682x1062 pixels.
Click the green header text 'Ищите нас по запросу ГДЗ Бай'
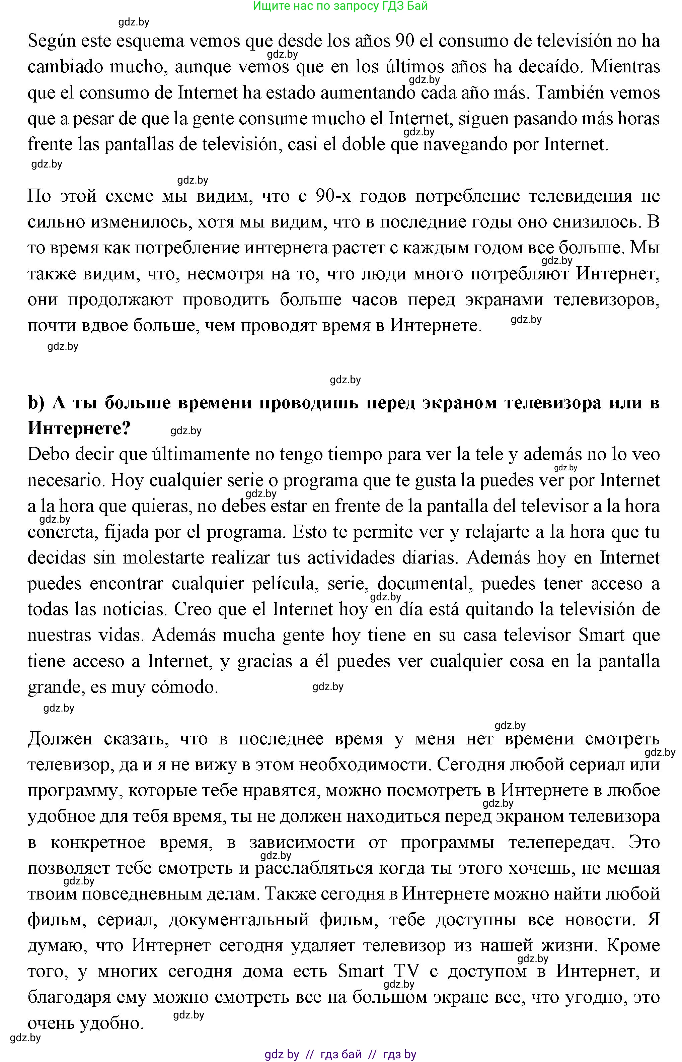point(340,6)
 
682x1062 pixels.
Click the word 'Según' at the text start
point(49,42)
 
